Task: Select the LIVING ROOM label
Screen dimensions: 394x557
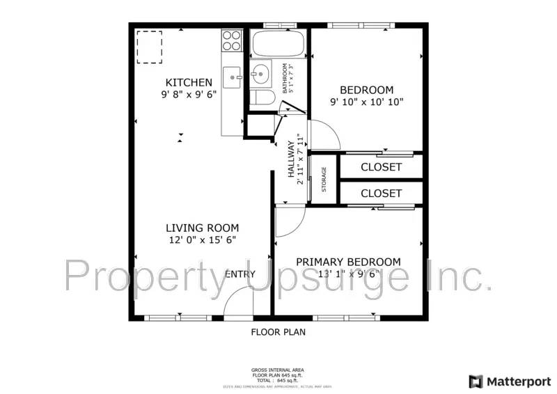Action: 202,228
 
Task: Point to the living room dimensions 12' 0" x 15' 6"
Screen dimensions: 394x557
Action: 202,240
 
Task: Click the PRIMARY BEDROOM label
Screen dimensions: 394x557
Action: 348,262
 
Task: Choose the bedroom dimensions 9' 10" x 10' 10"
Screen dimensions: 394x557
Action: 366,102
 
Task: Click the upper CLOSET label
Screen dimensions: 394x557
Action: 381,167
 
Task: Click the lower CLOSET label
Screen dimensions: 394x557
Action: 381,193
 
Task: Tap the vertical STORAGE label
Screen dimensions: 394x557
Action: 324,180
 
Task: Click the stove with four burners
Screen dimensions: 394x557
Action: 231,41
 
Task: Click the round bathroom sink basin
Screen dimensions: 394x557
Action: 262,71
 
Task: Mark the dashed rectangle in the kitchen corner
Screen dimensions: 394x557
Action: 149,47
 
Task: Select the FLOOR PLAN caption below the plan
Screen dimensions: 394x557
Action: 278,332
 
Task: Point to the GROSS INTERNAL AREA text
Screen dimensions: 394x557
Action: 278,370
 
